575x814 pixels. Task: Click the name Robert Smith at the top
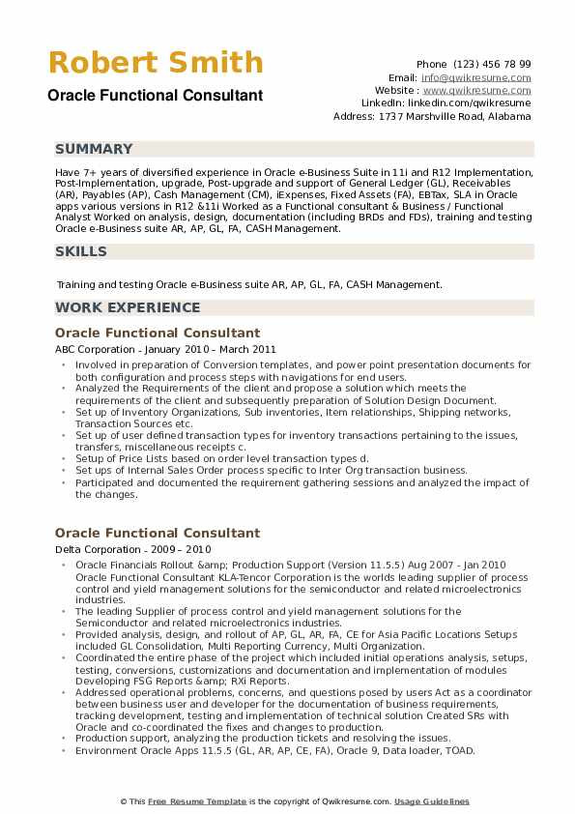click(x=156, y=64)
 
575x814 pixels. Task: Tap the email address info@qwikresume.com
click(x=475, y=77)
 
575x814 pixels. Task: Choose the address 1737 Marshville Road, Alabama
click(x=446, y=116)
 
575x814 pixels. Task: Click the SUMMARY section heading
click(x=94, y=149)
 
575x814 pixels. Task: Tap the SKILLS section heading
click(x=81, y=251)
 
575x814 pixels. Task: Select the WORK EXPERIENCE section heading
click(x=128, y=307)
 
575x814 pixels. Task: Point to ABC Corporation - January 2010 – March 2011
click(x=165, y=349)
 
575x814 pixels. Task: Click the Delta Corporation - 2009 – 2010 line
click(x=130, y=548)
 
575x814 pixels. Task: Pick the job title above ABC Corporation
click(x=158, y=333)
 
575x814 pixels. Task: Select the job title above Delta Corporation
click(x=158, y=533)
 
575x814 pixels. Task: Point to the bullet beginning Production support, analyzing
click(x=263, y=737)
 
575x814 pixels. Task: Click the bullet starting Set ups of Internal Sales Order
click(x=271, y=470)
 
